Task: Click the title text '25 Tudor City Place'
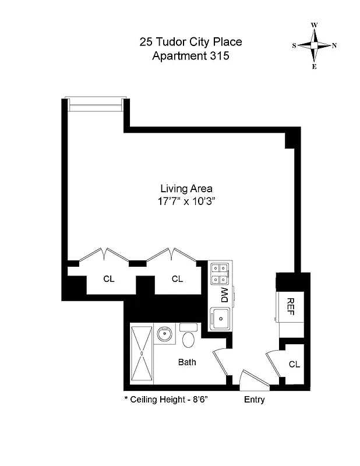[x=190, y=42]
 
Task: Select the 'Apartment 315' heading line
[x=190, y=57]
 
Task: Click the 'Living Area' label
[x=186, y=188]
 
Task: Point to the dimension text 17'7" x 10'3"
[x=186, y=201]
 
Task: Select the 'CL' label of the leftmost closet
[x=109, y=279]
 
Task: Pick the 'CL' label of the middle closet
[x=177, y=279]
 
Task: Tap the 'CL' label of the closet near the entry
[x=294, y=365]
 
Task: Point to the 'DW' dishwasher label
[x=223, y=295]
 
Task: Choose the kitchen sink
[x=221, y=317]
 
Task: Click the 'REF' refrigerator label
[x=290, y=306]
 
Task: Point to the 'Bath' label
[x=187, y=362]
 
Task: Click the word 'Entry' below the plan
[x=254, y=400]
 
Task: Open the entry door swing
[x=254, y=379]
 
